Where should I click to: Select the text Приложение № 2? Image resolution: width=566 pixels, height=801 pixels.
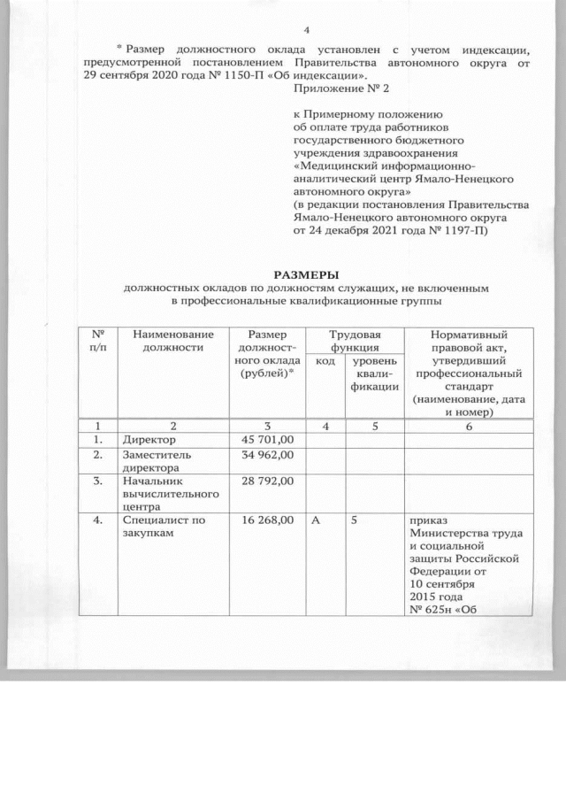click(340, 89)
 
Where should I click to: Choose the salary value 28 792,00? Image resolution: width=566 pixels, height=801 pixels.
click(267, 481)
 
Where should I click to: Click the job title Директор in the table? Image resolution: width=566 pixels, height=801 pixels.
click(149, 439)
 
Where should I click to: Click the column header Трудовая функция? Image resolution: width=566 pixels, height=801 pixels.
click(354, 341)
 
